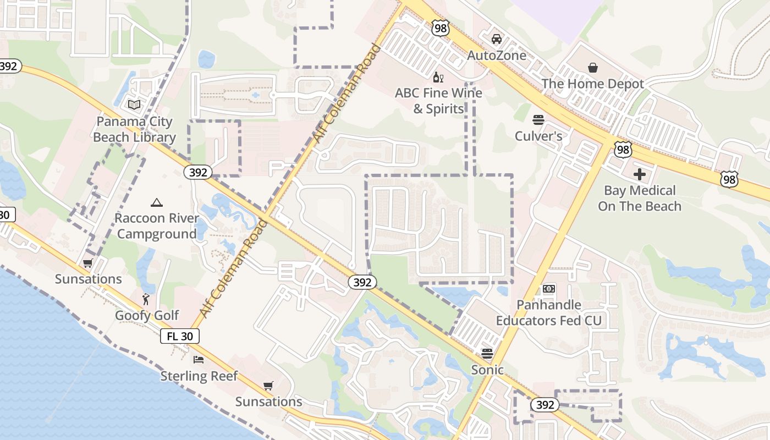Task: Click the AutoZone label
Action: pos(497,56)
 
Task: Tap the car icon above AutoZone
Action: pos(497,39)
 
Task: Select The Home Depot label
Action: pos(592,84)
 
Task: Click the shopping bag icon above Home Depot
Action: pos(593,68)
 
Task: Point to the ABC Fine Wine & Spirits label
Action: pos(438,101)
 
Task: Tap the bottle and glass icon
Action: pos(438,77)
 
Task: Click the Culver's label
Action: pos(538,136)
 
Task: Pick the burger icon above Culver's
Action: pos(538,120)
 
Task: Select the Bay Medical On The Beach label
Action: pos(640,199)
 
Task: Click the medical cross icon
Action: pos(640,175)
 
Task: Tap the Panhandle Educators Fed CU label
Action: pos(549,312)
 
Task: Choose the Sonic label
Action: pos(487,370)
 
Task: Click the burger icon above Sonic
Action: pos(487,353)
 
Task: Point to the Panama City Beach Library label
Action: pos(134,129)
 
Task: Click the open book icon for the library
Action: pos(134,105)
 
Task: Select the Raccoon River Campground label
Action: pos(157,226)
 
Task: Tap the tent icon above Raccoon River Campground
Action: pos(157,202)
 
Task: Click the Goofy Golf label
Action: pos(147,315)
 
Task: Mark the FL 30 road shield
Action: pos(180,336)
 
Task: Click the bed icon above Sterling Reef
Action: pos(199,360)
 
